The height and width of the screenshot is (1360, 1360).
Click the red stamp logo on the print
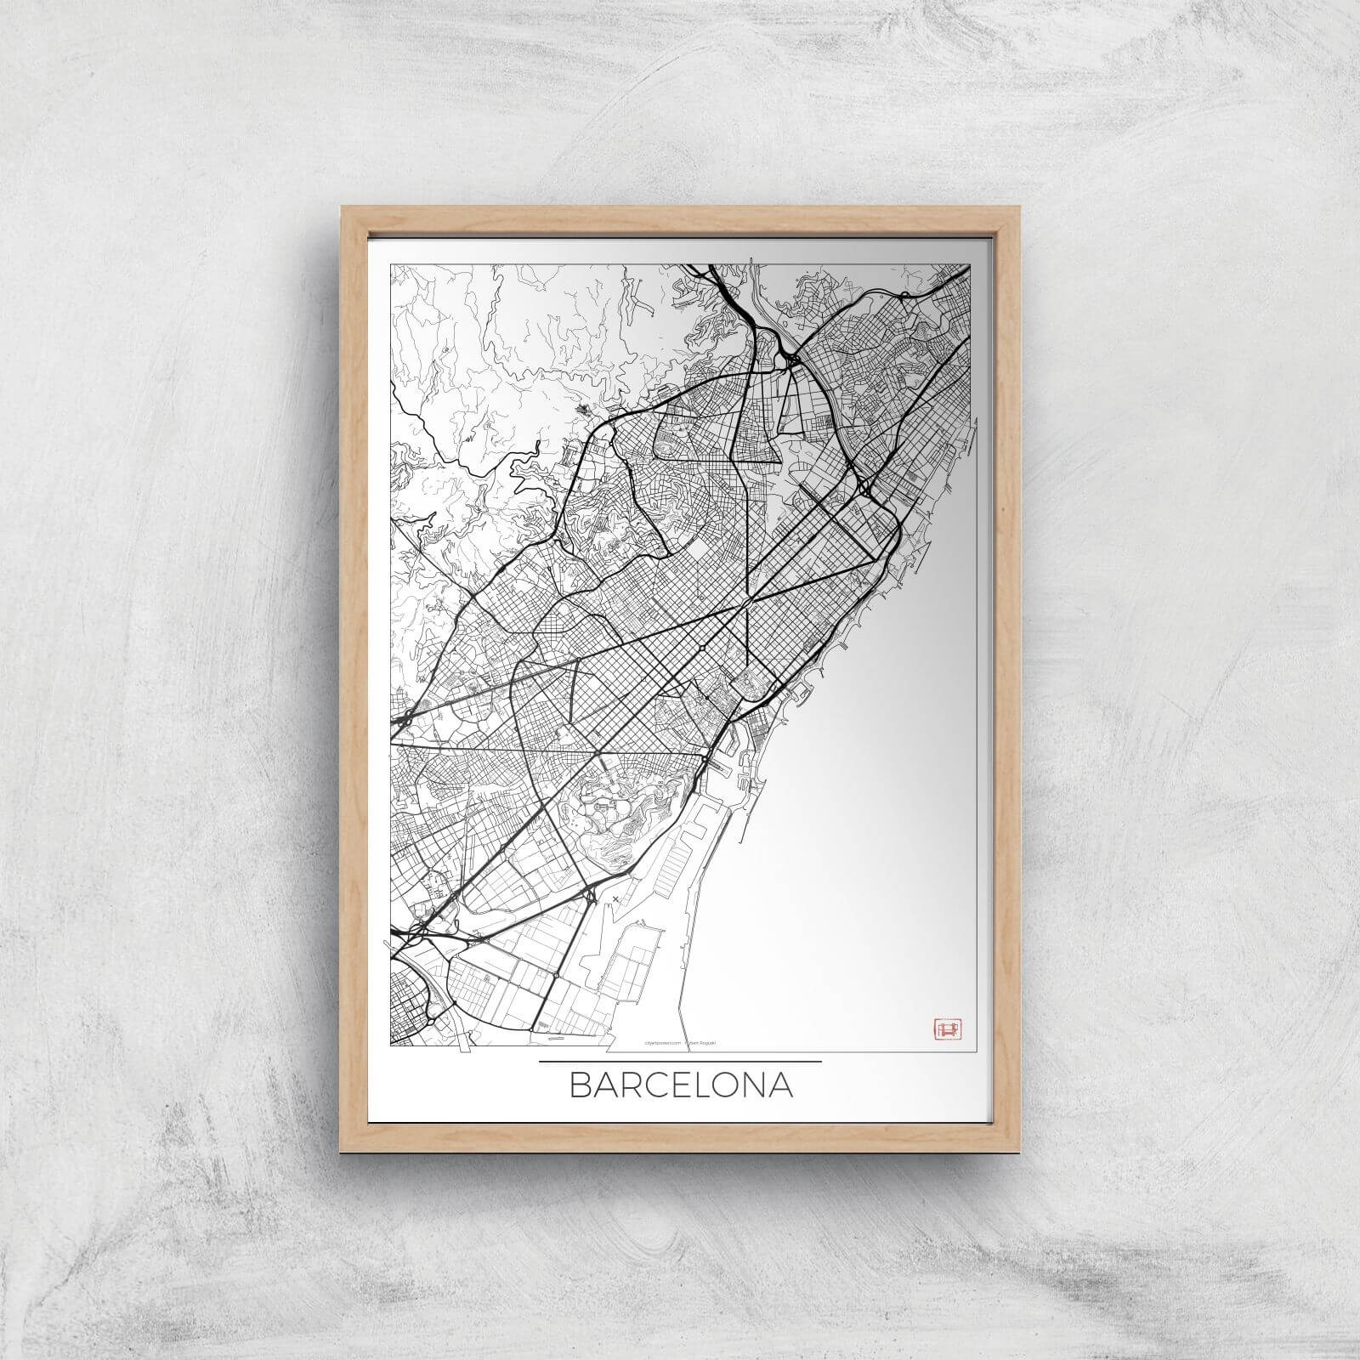[x=944, y=1028]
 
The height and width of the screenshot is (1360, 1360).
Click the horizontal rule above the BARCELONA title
[x=680, y=1062]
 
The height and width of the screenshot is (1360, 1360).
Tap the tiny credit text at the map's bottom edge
[x=679, y=1050]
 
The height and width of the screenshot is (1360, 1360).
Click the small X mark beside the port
[x=615, y=897]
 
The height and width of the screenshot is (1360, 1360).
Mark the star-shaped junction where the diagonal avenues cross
[x=747, y=603]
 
